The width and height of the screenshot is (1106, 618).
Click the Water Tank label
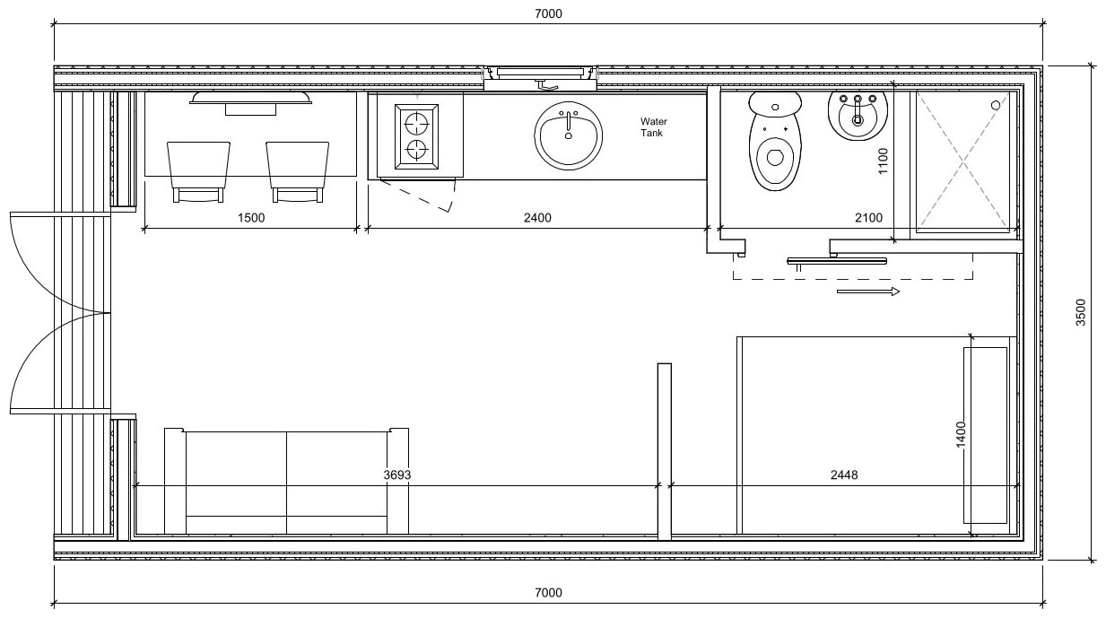pyautogui.click(x=654, y=126)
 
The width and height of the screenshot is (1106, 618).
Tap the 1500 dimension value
pyautogui.click(x=251, y=218)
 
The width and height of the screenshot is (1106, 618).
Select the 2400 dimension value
pyautogui.click(x=537, y=218)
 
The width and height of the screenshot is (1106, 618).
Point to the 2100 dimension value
pyautogui.click(x=868, y=218)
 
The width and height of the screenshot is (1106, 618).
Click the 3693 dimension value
pyautogui.click(x=397, y=474)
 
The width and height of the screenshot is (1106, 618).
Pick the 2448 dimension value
pyautogui.click(x=844, y=474)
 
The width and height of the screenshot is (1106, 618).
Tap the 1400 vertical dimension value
pyautogui.click(x=961, y=435)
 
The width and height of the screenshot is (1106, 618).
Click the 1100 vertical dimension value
pyautogui.click(x=884, y=161)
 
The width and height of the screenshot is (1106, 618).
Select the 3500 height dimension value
pyautogui.click(x=1081, y=312)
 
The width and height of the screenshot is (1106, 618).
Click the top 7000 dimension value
pyautogui.click(x=549, y=13)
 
